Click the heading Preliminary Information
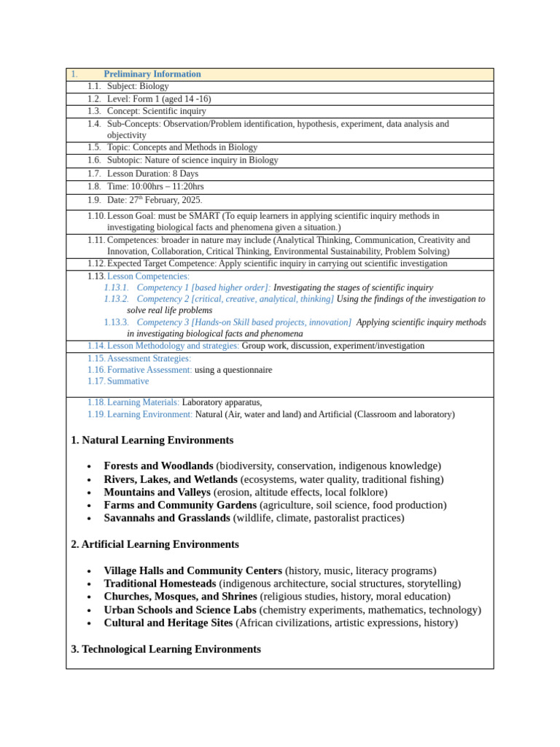pos(152,74)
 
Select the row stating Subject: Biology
pos(138,86)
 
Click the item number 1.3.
pos(94,112)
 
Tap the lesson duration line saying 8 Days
pos(152,174)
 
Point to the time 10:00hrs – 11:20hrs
pos(168,187)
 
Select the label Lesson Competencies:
pos(148,276)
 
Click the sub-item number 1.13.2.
pos(117,299)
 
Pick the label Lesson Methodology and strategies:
pos(173,346)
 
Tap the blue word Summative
pos(128,381)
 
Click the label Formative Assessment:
pos(149,370)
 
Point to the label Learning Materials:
pos(143,402)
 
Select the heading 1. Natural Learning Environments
pos(152,441)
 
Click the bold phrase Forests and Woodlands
pos(158,466)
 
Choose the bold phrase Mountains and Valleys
pos(157,492)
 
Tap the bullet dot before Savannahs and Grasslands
pos(89,519)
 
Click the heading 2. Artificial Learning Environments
pos(155,545)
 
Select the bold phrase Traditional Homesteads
pos(160,584)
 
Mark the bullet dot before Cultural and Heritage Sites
pos(89,624)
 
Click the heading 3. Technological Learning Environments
pos(166,649)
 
